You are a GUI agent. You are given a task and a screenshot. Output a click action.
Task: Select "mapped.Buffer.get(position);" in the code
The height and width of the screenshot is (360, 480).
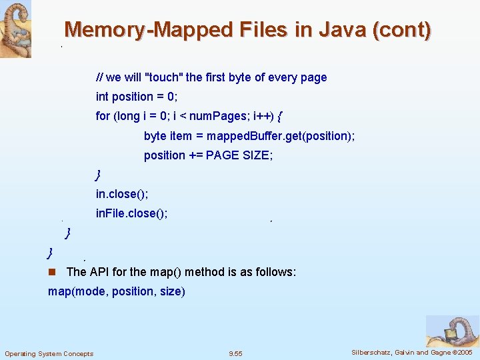[x=281, y=136]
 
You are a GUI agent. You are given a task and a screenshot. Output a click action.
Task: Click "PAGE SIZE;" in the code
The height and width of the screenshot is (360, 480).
[x=239, y=155]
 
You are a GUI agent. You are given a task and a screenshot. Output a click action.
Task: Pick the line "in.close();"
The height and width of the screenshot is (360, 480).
[x=122, y=194]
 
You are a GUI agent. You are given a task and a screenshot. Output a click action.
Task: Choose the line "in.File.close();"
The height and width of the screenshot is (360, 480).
[x=131, y=213]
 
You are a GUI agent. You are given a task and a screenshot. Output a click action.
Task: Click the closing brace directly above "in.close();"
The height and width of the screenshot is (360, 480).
[x=99, y=175]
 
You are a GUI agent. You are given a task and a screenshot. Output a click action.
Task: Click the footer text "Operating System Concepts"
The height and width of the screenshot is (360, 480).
[x=49, y=353]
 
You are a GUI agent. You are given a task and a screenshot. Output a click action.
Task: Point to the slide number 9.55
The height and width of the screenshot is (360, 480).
[x=235, y=353]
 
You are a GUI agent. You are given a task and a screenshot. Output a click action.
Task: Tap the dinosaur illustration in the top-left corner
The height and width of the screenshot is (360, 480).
[x=15, y=29]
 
